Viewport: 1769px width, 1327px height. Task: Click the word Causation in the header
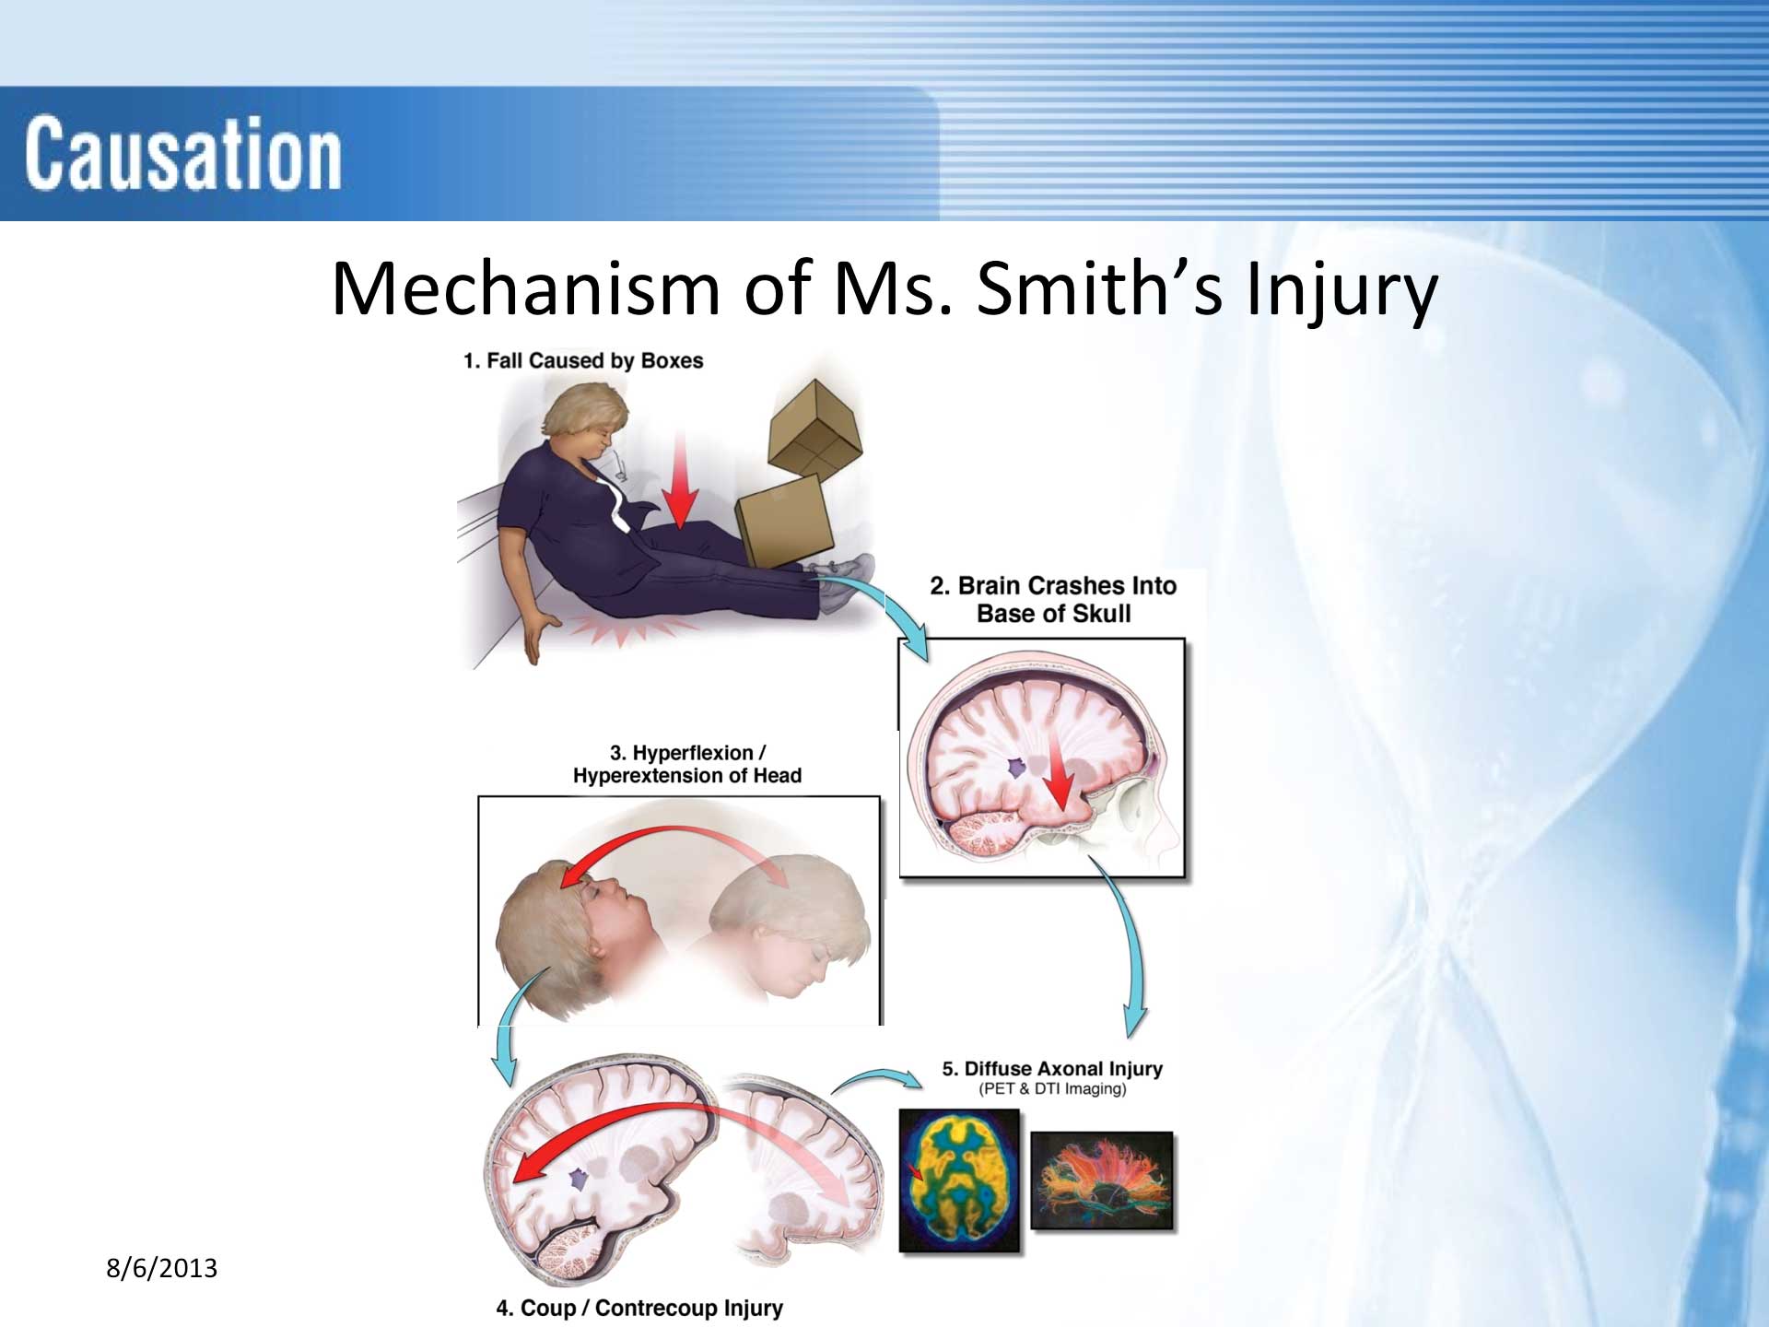182,154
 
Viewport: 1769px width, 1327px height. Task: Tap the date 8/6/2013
161,1269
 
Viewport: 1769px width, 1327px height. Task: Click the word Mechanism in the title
525,288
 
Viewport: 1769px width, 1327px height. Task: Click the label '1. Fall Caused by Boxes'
583,360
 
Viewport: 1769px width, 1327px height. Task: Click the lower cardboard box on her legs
783,521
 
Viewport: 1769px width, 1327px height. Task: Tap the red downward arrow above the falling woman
680,479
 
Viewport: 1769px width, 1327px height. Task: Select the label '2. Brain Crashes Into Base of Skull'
1053,600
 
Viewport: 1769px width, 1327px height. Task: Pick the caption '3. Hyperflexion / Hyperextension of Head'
687,764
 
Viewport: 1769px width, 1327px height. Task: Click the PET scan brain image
959,1180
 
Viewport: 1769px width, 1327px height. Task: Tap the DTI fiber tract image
1102,1180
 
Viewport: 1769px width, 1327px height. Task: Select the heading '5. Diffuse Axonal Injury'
1052,1069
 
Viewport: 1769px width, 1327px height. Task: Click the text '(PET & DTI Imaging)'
1052,1089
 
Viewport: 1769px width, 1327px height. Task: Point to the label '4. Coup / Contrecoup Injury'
639,1308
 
